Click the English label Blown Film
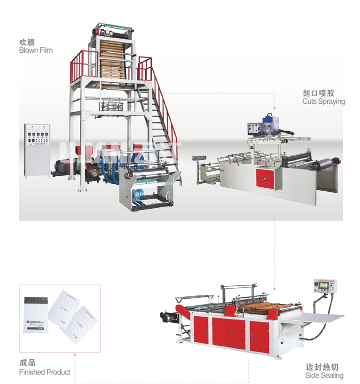coord(35,50)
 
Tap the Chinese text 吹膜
coord(26,42)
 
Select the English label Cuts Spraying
coord(323,101)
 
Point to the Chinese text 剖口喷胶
coord(318,93)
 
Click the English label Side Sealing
coord(324,375)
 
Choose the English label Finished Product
coord(44,372)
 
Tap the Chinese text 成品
coord(27,363)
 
